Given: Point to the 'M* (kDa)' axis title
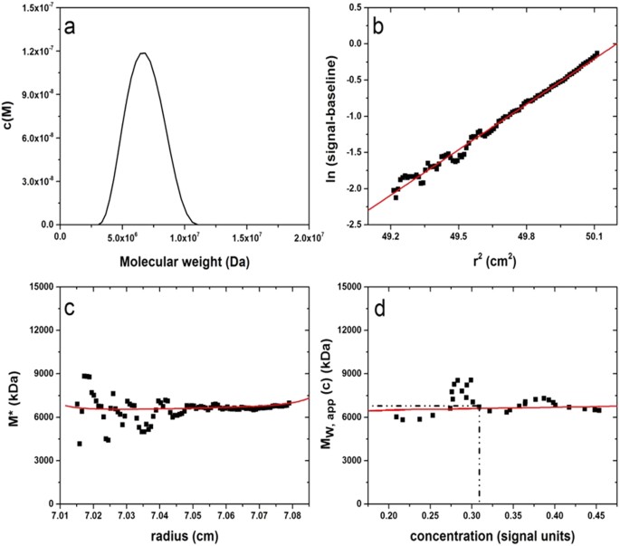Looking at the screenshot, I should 11,395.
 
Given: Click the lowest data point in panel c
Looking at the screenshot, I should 80,444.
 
